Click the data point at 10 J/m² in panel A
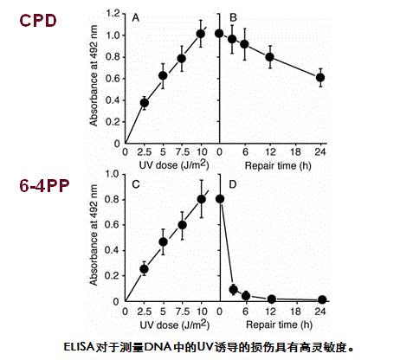pos(201,34)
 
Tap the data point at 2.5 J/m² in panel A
pos(145,102)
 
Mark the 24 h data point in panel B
pos(320,77)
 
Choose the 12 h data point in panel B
pos(270,57)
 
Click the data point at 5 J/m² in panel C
pos(163,241)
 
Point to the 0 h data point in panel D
pos(220,198)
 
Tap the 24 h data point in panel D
pos(320,299)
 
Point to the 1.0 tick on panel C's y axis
pos(118,173)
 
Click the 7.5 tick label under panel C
pos(183,311)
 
